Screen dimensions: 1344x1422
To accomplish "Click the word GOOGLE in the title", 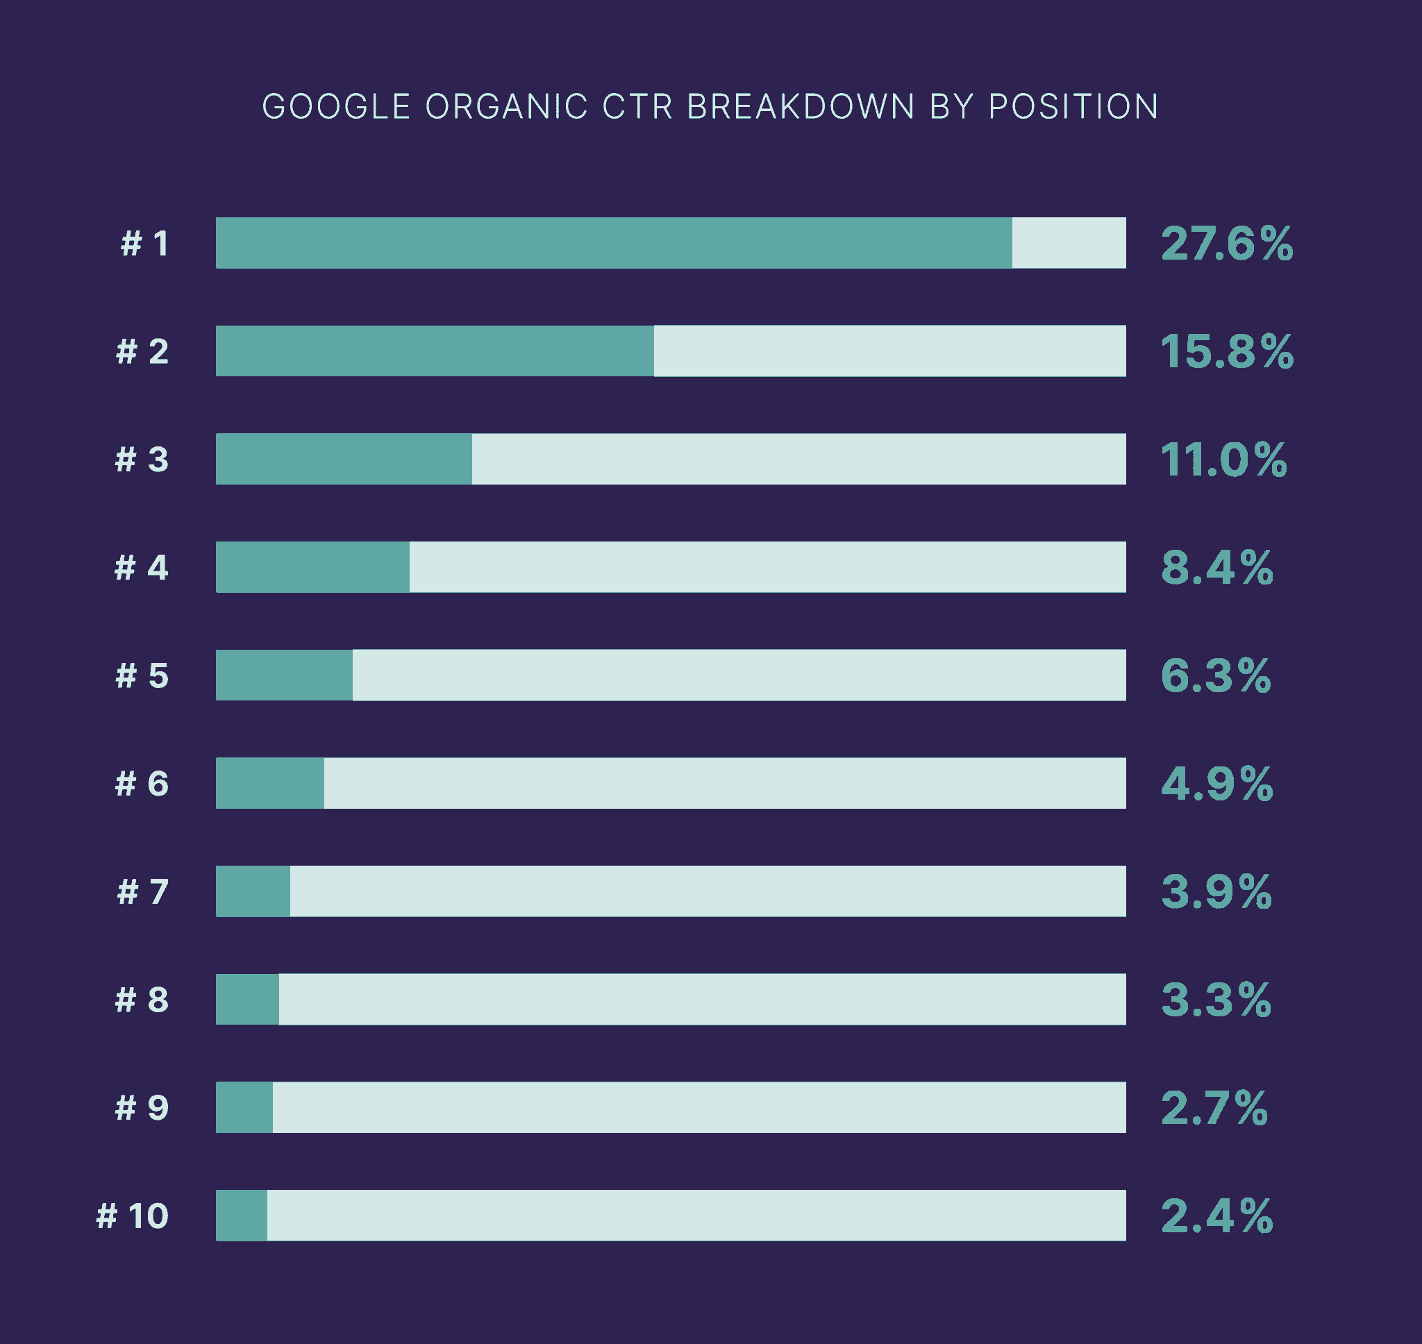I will coord(336,107).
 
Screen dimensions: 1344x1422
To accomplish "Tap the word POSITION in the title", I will coord(1073,107).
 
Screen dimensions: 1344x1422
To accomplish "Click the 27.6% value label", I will coord(1226,244).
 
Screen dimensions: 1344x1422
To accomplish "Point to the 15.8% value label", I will coord(1226,352).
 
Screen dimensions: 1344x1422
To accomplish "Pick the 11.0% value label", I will coord(1223,460).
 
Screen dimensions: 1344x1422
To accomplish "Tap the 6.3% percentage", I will coord(1215,675).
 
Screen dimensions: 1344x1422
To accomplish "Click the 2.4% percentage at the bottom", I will coord(1216,1216).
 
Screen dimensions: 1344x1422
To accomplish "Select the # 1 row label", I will coord(144,244).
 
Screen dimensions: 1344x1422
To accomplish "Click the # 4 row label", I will coord(142,567).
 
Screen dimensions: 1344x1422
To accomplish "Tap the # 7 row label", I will coord(143,892).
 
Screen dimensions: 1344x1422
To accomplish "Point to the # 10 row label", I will coord(133,1216).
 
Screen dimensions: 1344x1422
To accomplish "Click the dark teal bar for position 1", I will coord(613,243).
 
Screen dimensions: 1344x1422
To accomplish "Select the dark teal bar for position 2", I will coord(434,351).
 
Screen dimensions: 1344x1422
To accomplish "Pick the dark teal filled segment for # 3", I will coord(344,460).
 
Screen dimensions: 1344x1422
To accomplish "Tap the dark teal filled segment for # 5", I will coord(284,675).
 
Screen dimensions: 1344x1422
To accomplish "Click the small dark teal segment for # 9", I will coord(244,1107).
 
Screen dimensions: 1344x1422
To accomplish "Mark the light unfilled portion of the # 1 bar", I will coord(1069,243).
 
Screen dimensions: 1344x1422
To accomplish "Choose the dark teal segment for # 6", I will coord(269,784).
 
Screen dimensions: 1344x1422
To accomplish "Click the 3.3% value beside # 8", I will coord(1215,1000).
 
